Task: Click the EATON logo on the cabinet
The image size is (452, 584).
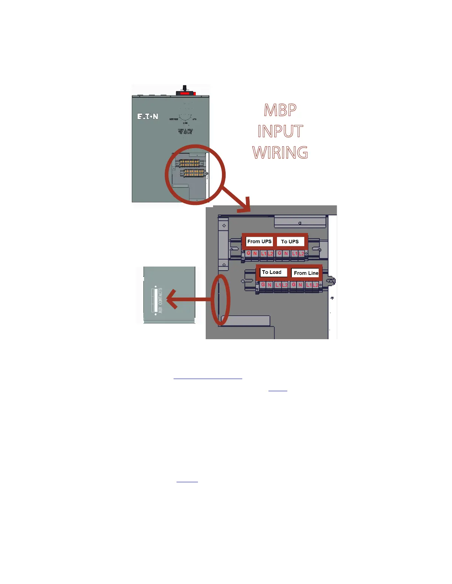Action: point(148,117)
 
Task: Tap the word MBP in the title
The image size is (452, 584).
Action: point(280,110)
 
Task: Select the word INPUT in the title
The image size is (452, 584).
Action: point(280,131)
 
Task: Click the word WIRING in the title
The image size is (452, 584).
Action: point(280,153)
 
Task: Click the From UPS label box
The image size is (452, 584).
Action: point(259,241)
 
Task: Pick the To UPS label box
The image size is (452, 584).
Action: point(290,241)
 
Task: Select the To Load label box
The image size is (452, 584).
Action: point(272,272)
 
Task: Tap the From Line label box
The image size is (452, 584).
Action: point(306,273)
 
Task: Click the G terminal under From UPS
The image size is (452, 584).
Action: point(249,253)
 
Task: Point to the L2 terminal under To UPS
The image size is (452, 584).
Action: point(301,254)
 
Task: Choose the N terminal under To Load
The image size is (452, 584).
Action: point(270,285)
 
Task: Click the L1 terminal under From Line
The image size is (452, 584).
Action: point(309,285)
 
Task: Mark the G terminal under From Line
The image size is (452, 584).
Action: point(294,285)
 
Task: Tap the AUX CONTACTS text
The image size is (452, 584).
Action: point(160,300)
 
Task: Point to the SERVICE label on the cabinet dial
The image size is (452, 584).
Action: point(174,119)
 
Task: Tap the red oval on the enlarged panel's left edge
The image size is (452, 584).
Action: point(220,299)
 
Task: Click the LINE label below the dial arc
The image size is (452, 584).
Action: point(185,123)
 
